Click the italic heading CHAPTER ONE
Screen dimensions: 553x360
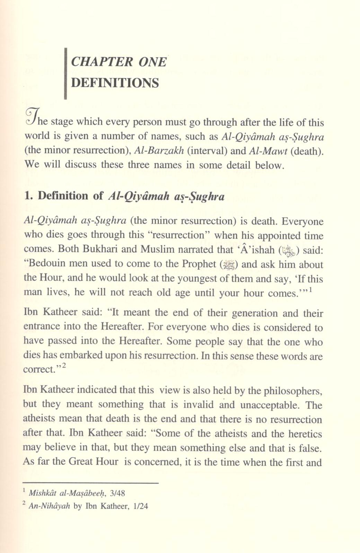[x=118, y=62]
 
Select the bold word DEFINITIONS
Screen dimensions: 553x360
[x=115, y=83]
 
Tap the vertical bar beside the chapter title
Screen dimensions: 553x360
[x=65, y=73]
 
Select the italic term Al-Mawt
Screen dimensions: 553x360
[x=267, y=150]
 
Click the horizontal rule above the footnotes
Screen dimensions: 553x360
[x=90, y=483]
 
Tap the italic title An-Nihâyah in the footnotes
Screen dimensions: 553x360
[x=50, y=506]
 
